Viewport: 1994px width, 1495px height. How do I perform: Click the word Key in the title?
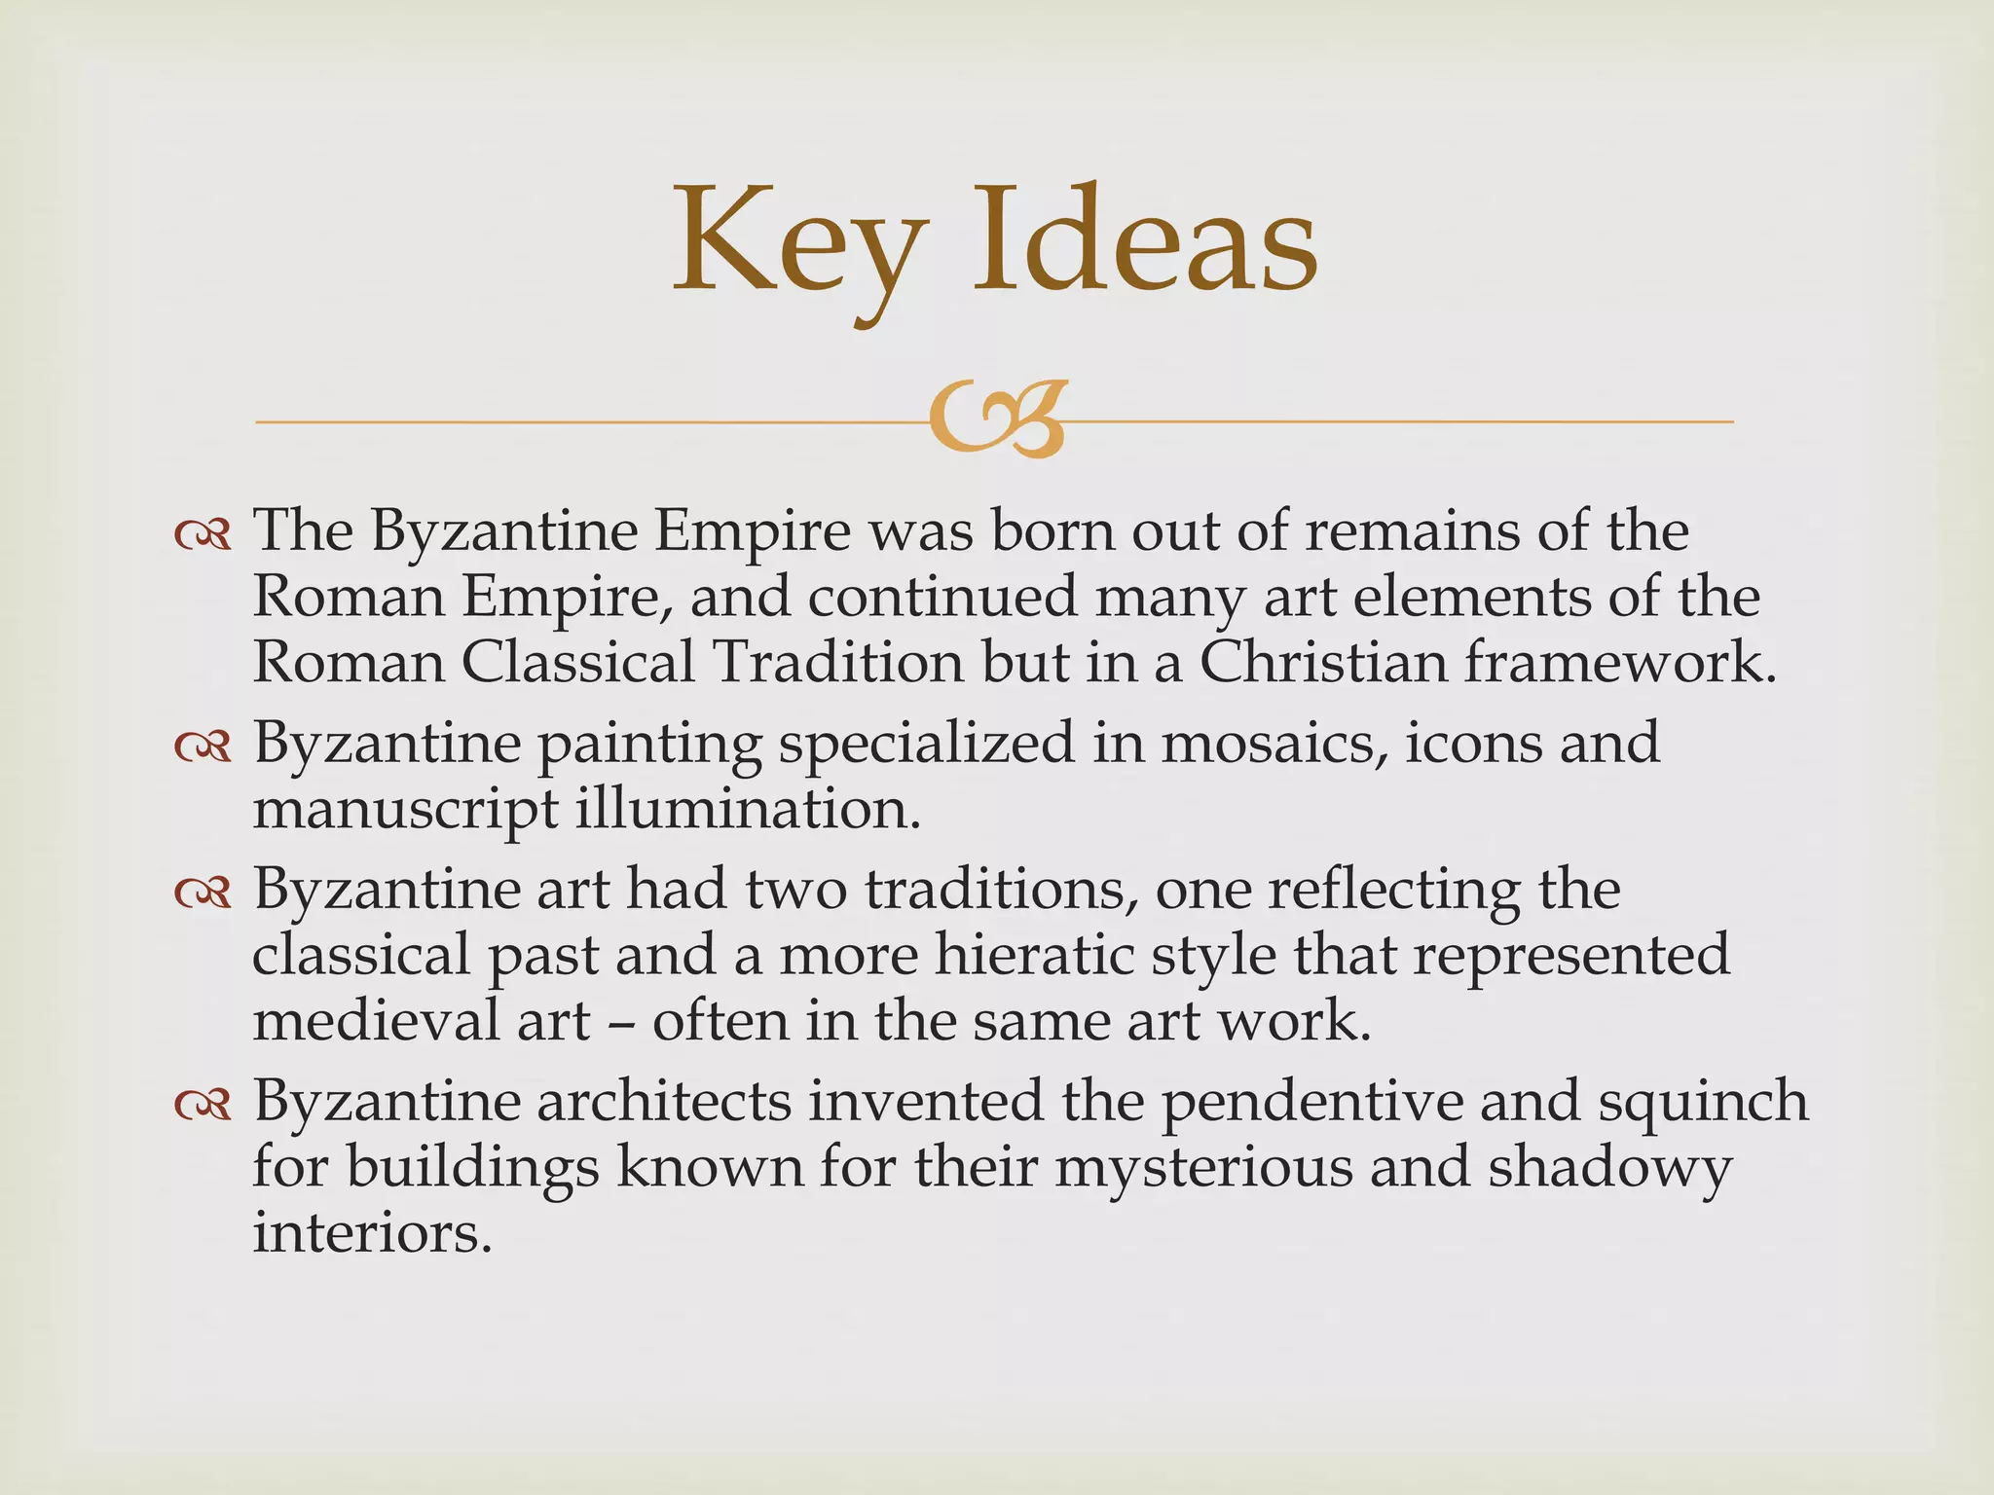tap(798, 243)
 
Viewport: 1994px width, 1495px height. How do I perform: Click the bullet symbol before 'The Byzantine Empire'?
tap(203, 535)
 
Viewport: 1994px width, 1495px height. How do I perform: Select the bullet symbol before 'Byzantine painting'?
tap(203, 747)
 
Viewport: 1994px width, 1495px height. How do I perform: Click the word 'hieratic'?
tap(1034, 956)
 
